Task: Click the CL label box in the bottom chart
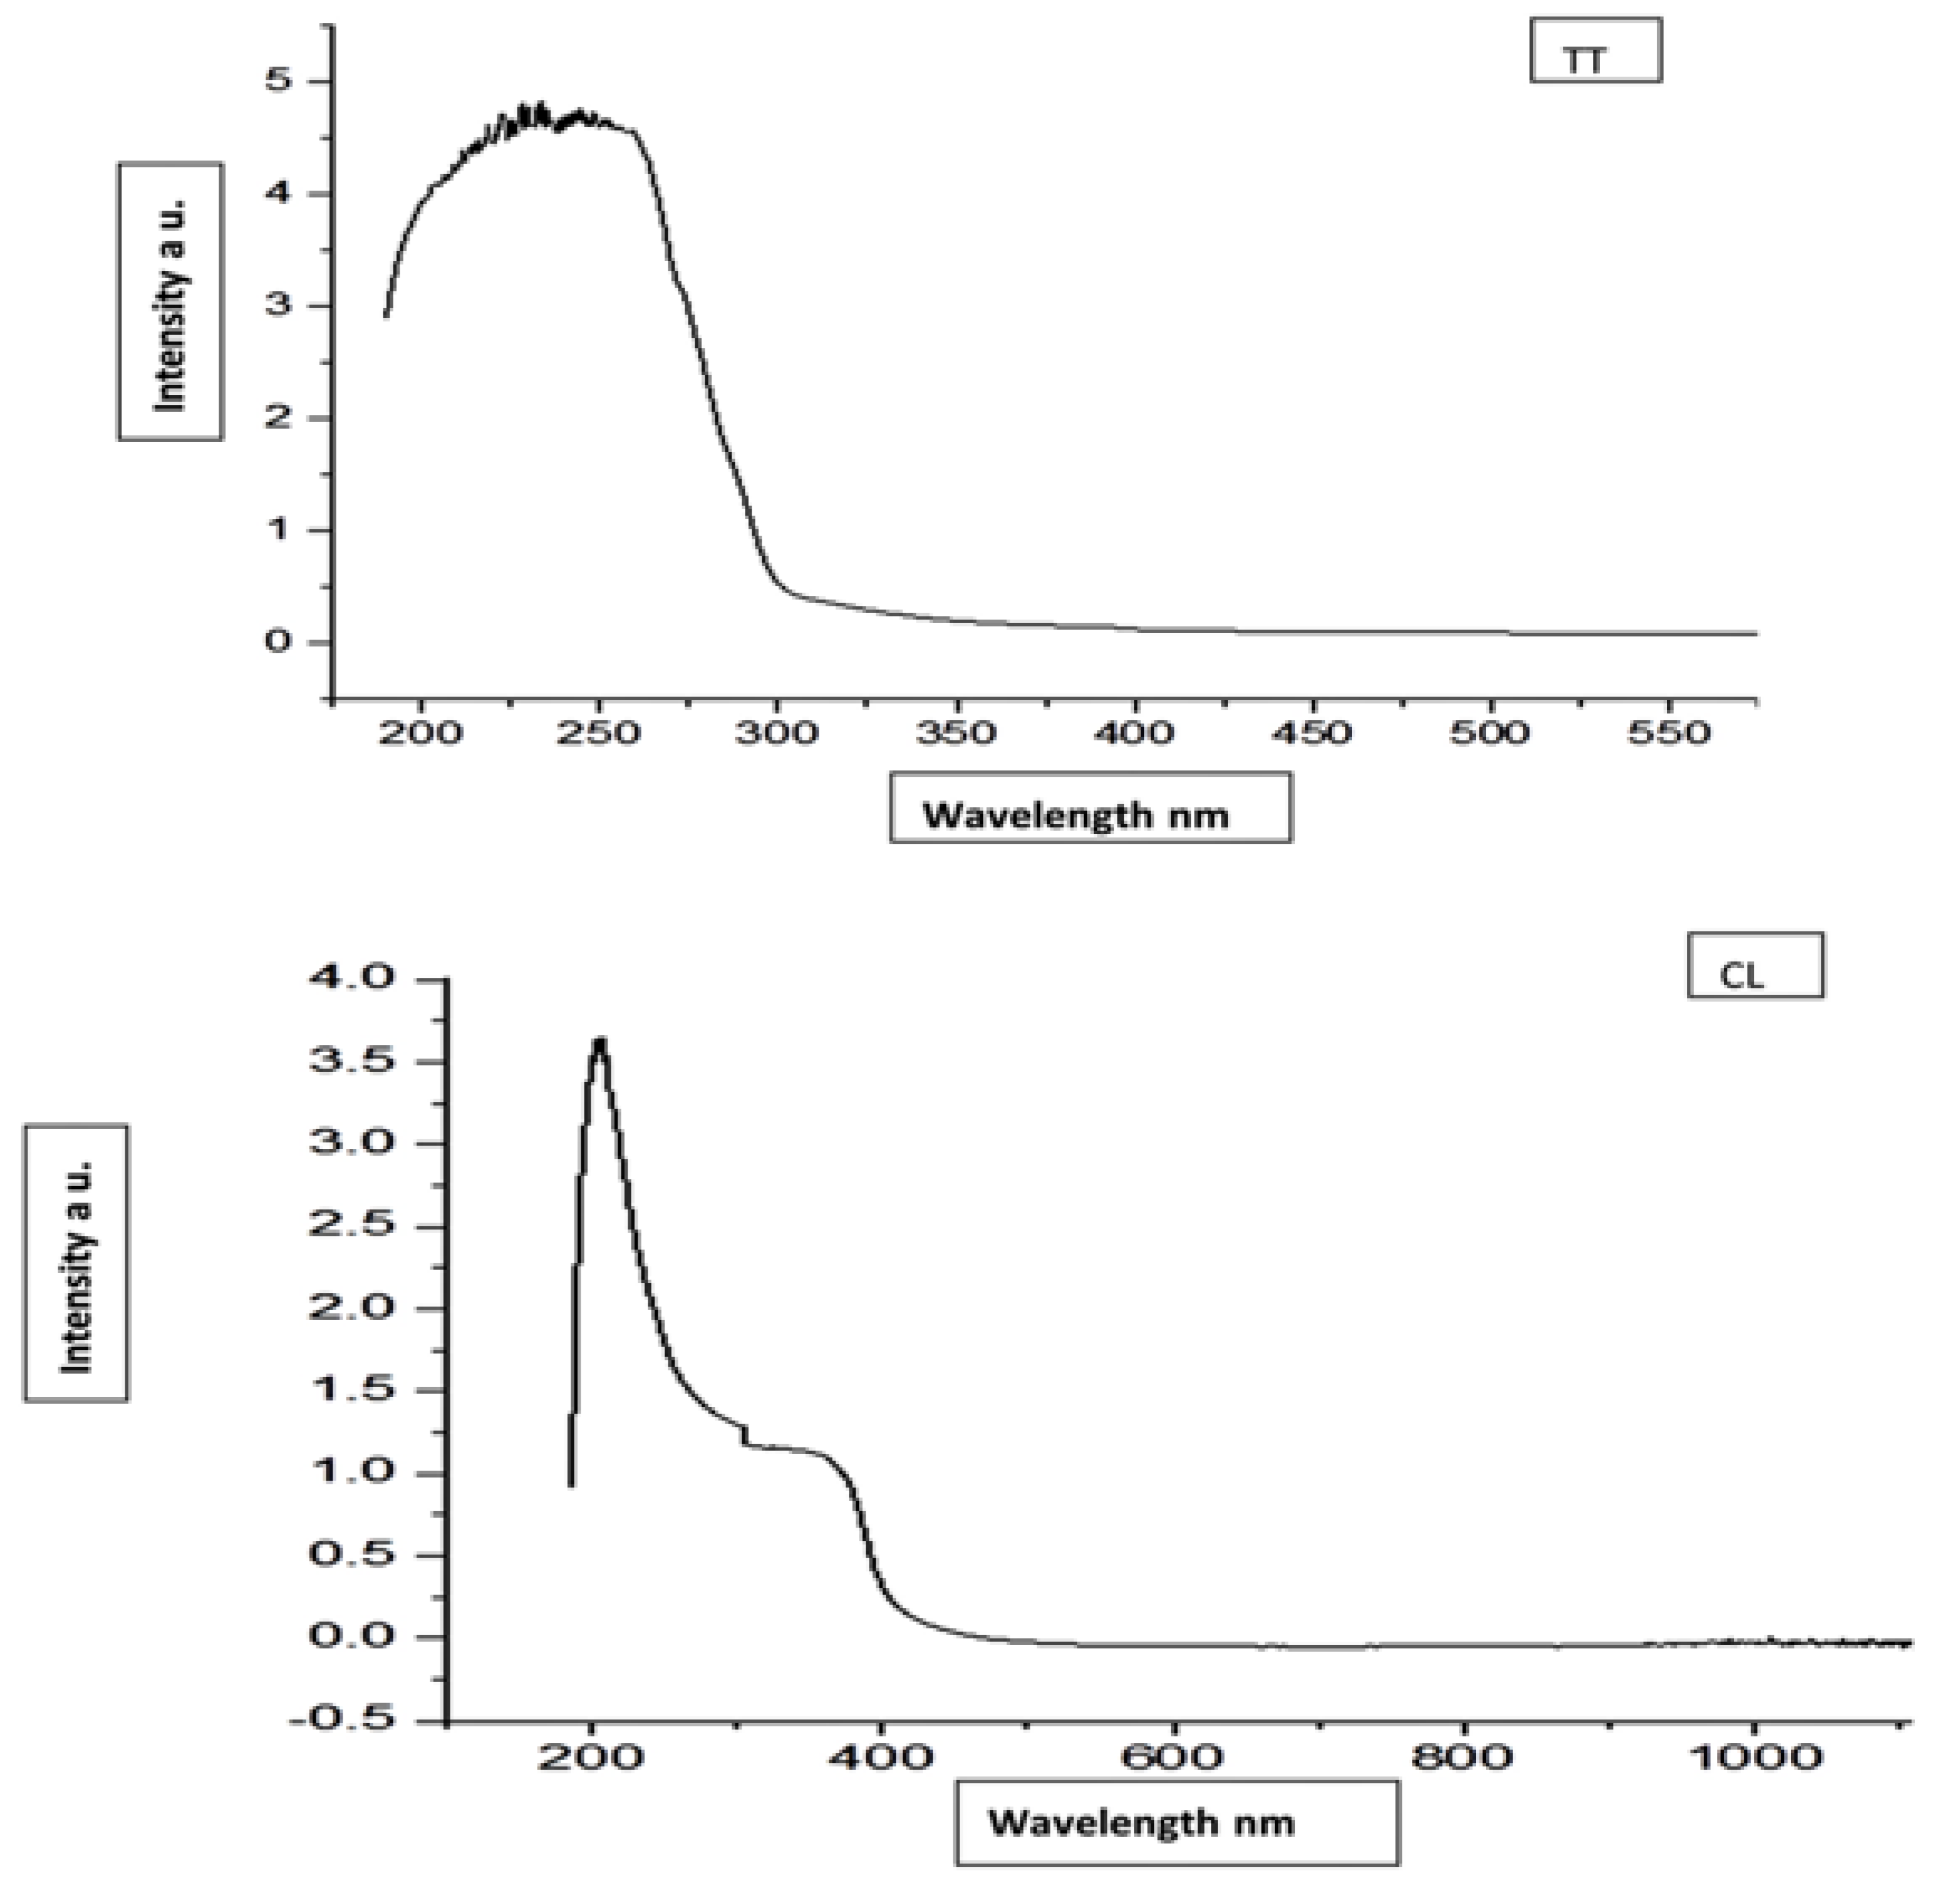(1755, 966)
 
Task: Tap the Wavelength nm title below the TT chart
(1089, 807)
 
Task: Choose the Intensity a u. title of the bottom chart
(76, 1263)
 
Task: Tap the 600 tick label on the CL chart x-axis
(1175, 1757)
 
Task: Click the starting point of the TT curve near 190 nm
(386, 316)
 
